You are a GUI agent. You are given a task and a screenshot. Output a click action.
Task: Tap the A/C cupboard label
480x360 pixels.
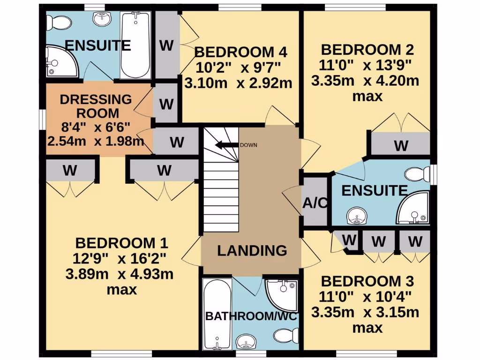pyautogui.click(x=314, y=202)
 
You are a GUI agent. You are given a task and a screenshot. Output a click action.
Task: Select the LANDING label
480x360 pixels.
pyautogui.click(x=252, y=250)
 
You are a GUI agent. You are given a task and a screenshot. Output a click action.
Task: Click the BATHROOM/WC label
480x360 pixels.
pyautogui.click(x=252, y=316)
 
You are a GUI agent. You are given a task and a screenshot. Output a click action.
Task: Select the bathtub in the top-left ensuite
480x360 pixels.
pyautogui.click(x=135, y=45)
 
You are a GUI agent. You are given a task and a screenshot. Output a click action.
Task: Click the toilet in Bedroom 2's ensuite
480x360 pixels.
pyautogui.click(x=417, y=174)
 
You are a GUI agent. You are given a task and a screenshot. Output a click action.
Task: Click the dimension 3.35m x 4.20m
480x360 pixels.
pyautogui.click(x=365, y=81)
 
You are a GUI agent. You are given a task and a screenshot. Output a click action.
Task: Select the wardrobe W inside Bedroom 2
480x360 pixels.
pyautogui.click(x=401, y=145)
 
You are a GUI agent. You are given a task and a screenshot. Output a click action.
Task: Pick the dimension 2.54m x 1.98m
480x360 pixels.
pyautogui.click(x=96, y=141)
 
